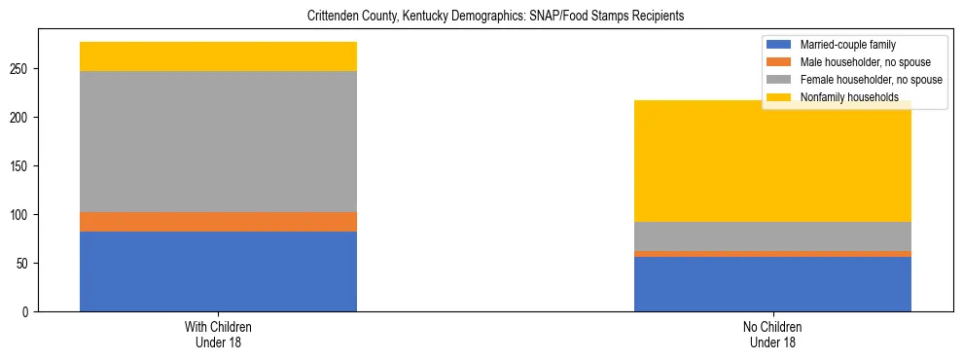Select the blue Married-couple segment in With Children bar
pos(218,271)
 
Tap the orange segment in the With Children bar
pos(218,222)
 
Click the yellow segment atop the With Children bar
pos(218,56)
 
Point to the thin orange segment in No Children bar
pos(772,254)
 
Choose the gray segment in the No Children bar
pos(772,236)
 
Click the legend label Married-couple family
pos(847,45)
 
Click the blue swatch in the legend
pos(779,45)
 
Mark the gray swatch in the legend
pos(779,80)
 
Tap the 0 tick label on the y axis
pos(27,312)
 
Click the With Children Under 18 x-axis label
pos(218,335)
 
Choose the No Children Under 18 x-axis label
pos(772,335)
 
